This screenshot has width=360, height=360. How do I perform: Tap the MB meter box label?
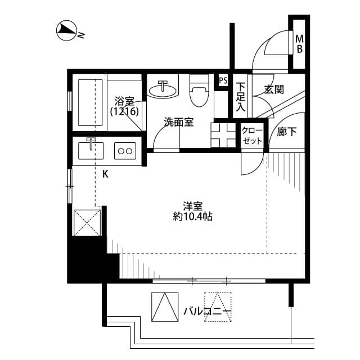click(x=300, y=44)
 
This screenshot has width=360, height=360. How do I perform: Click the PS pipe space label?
click(x=223, y=80)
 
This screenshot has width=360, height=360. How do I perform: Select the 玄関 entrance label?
click(x=273, y=89)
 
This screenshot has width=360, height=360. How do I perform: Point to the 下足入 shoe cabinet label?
click(x=241, y=96)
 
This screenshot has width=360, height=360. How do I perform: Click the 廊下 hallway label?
click(x=287, y=132)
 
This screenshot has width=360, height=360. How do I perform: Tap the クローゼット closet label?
click(x=251, y=135)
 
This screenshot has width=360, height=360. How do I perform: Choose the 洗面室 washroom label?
click(x=179, y=121)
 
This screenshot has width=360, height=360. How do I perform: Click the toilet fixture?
click(x=198, y=91)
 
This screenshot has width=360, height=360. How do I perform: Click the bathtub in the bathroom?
click(x=91, y=102)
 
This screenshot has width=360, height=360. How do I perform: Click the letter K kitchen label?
click(x=105, y=174)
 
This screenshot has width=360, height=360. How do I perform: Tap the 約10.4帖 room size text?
click(x=193, y=216)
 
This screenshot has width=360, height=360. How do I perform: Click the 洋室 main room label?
click(x=193, y=205)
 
